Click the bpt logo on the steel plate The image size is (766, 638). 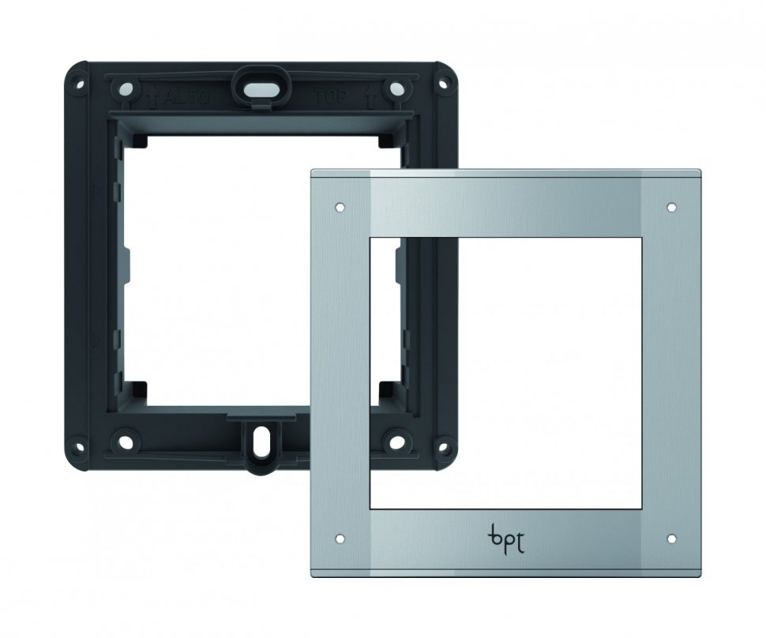[505, 540]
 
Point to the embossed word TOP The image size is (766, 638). [331, 96]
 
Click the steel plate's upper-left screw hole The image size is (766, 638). [340, 207]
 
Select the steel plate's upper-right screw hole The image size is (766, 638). [672, 207]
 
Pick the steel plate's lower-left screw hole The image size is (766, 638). [340, 539]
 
